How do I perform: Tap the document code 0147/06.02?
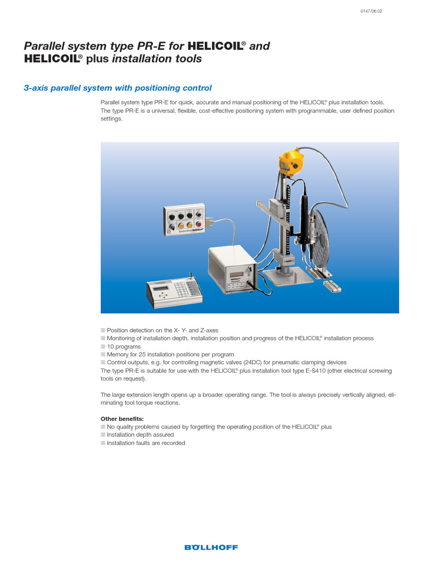(x=371, y=12)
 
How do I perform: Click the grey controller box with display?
(x=231, y=268)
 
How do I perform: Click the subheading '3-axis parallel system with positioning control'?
(x=118, y=88)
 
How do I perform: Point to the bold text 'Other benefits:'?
(x=122, y=419)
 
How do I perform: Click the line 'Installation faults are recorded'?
(x=145, y=443)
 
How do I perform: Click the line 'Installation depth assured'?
(x=140, y=435)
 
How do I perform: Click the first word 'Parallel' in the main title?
(x=44, y=46)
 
